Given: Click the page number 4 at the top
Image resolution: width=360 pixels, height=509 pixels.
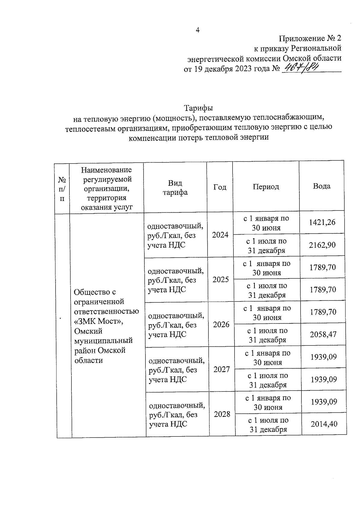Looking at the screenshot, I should (198, 30).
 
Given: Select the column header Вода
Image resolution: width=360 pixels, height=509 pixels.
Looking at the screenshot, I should (322, 186).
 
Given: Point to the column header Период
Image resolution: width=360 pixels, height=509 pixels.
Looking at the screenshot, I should (266, 187).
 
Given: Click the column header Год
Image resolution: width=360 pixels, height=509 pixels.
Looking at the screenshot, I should (220, 187).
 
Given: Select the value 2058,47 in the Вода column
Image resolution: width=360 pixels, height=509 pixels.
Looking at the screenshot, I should (323, 334).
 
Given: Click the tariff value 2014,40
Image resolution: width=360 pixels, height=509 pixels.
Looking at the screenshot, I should (324, 424).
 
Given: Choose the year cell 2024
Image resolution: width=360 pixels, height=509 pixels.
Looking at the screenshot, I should (220, 235).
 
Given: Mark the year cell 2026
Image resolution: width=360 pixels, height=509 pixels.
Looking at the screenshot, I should (221, 325).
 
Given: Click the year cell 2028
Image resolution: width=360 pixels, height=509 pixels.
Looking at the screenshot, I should (222, 414).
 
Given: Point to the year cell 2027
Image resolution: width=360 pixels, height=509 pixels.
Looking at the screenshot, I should (222, 370).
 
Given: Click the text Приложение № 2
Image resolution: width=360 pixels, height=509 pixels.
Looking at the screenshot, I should (310, 38).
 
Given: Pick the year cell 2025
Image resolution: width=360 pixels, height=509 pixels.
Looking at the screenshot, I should (220, 280).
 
